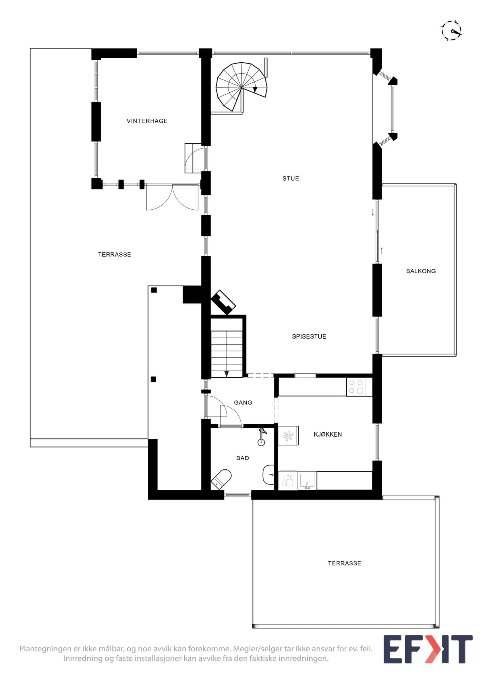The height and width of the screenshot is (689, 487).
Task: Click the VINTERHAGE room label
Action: tap(147, 121)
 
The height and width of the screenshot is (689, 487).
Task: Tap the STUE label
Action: tap(291, 178)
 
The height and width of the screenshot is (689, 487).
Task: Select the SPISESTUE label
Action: tap(309, 336)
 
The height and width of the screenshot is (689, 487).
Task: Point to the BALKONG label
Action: tap(421, 271)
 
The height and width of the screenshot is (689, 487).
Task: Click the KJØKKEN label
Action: tap(328, 434)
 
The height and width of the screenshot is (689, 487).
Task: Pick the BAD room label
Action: tap(242, 458)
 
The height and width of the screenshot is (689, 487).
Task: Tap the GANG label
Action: tap(243, 402)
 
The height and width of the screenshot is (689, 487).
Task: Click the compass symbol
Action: tap(451, 31)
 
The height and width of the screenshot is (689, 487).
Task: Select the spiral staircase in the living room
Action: tap(242, 87)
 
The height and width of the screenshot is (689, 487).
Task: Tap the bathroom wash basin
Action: tap(268, 475)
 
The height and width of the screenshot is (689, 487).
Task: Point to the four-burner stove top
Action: tap(356, 387)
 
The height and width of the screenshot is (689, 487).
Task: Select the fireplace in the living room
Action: tap(223, 302)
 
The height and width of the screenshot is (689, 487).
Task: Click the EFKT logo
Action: tap(428, 649)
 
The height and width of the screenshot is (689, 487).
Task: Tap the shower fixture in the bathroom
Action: tap(262, 437)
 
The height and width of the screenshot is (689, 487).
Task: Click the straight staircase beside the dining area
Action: tap(227, 347)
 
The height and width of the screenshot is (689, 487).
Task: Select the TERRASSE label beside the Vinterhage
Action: tap(114, 254)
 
